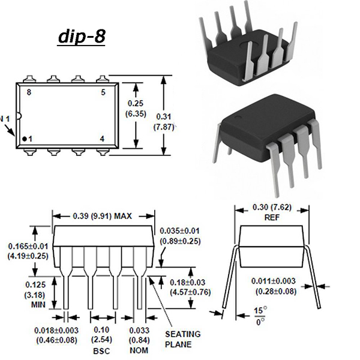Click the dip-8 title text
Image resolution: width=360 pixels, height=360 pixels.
point(82,37)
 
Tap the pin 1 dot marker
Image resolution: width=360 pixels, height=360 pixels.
point(24,139)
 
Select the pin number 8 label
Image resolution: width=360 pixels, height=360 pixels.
point(29,92)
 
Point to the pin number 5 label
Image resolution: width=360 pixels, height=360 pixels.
point(103,92)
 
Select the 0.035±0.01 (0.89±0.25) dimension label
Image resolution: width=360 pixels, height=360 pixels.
point(180,236)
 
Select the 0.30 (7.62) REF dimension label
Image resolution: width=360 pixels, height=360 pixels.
point(272,212)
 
